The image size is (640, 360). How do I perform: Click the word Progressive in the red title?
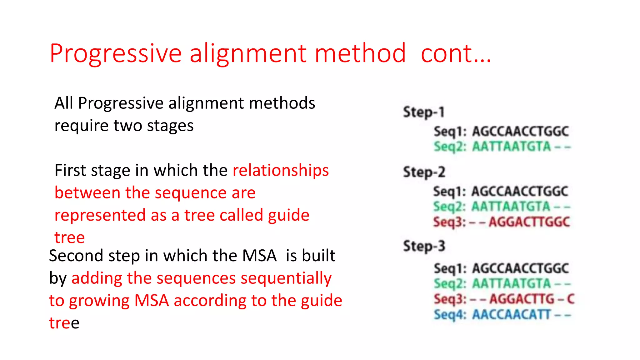pyautogui.click(x=116, y=54)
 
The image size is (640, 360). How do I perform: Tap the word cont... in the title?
pyautogui.click(x=456, y=54)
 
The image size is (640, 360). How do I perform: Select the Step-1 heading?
pyautogui.click(x=423, y=112)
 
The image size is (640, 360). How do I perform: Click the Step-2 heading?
pyautogui.click(x=424, y=172)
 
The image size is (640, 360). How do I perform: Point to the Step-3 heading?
pyautogui.click(x=424, y=246)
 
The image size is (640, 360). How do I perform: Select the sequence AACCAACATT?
pyautogui.click(x=511, y=314)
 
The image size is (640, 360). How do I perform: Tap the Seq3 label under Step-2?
pyautogui.click(x=449, y=222)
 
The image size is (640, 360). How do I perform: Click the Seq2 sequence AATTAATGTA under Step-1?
pyautogui.click(x=511, y=147)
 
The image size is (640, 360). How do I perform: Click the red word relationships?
pyautogui.click(x=281, y=171)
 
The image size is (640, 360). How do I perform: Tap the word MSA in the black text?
pyautogui.click(x=259, y=256)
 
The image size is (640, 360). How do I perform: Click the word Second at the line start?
pyautogui.click(x=76, y=256)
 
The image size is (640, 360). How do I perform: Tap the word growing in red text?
pyautogui.click(x=99, y=301)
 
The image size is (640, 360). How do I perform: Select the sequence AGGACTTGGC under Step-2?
pyautogui.click(x=529, y=222)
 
